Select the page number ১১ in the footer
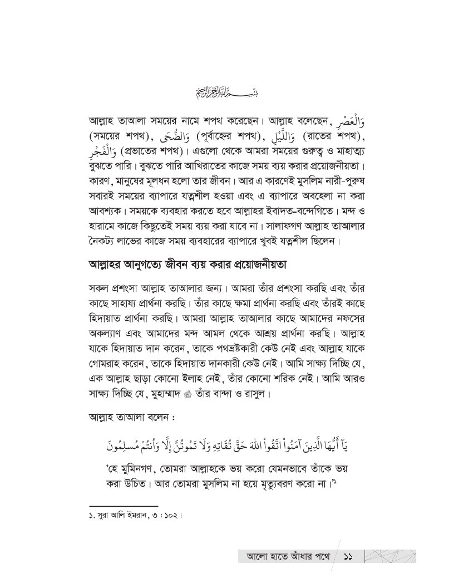pyautogui.click(x=350, y=557)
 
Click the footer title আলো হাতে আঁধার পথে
pyautogui.click(x=285, y=557)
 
